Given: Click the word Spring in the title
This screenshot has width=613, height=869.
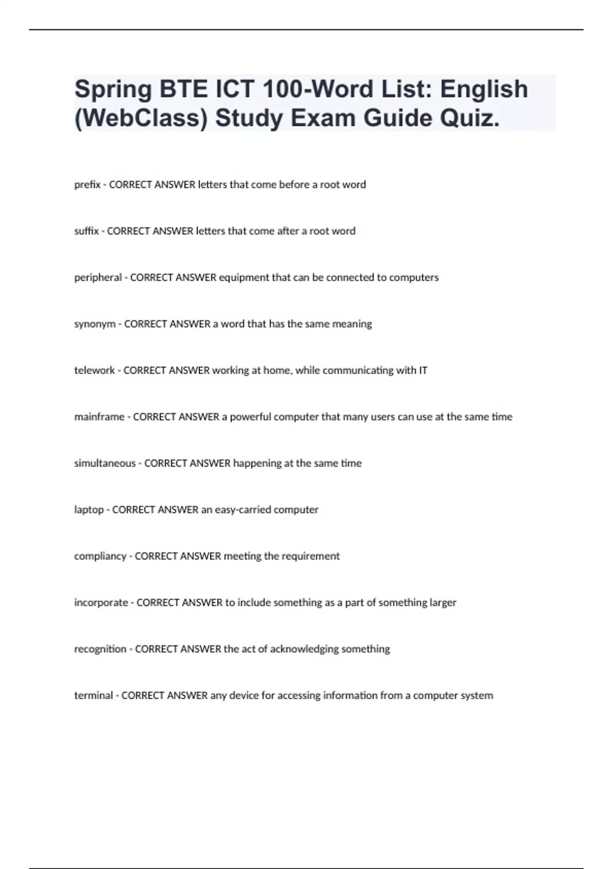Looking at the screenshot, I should [x=113, y=90].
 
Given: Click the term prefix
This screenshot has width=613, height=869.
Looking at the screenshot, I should [x=87, y=185].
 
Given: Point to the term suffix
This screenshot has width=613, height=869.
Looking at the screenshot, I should [x=86, y=231].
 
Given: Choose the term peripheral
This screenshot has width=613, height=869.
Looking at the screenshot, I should [x=98, y=278].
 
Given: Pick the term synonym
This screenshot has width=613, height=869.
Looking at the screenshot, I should [x=95, y=324].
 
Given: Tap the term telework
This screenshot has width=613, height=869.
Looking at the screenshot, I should [x=95, y=370].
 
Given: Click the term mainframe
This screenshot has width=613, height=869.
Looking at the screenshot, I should [x=99, y=417].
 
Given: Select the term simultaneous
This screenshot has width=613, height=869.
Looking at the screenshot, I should [x=105, y=463].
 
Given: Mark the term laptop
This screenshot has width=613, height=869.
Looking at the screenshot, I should [x=89, y=510].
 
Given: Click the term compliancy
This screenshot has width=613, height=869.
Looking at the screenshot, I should [x=100, y=556].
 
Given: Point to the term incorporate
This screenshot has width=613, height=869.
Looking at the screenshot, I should [x=101, y=603].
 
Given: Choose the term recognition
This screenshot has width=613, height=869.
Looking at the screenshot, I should [x=100, y=649].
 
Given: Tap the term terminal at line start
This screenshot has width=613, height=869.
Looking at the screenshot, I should [x=93, y=695].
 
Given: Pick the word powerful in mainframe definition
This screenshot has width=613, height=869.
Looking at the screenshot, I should [x=251, y=417].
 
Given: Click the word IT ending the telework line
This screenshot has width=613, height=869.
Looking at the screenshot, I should [x=423, y=370].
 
